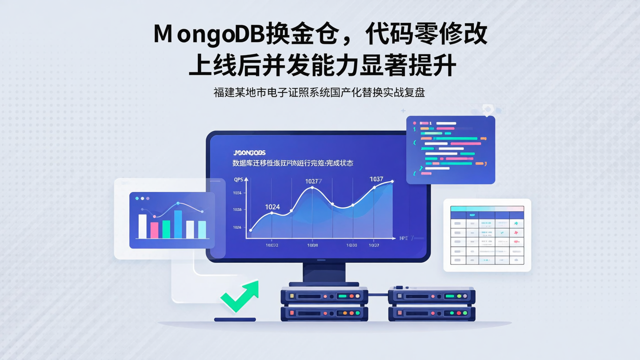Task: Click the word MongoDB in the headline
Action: click(209, 35)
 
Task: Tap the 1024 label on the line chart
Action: click(272, 207)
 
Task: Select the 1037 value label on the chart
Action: click(376, 179)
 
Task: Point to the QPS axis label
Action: click(239, 180)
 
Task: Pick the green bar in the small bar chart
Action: click(166, 229)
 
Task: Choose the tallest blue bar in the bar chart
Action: click(178, 224)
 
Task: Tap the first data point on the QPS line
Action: click(251, 230)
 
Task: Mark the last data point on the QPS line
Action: click(392, 181)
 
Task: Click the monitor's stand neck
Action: click(324, 272)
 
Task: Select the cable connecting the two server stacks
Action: click(378, 294)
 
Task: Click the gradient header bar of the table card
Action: click(487, 208)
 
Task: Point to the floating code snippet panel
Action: click(450, 150)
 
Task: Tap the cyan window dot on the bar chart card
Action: click(137, 198)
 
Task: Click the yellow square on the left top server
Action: click(292, 296)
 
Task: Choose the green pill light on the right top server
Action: click(450, 296)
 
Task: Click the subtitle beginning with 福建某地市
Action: click(319, 93)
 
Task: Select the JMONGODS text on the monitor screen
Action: click(249, 152)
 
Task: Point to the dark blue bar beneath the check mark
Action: click(235, 319)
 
